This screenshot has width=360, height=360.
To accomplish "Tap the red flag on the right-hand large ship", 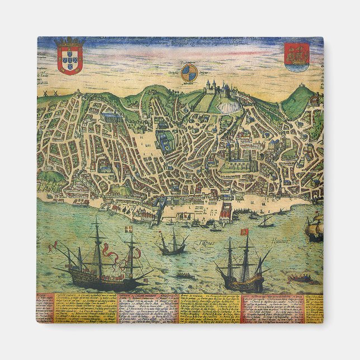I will click(x=244, y=231).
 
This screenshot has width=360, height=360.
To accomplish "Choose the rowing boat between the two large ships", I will click(x=184, y=275).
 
